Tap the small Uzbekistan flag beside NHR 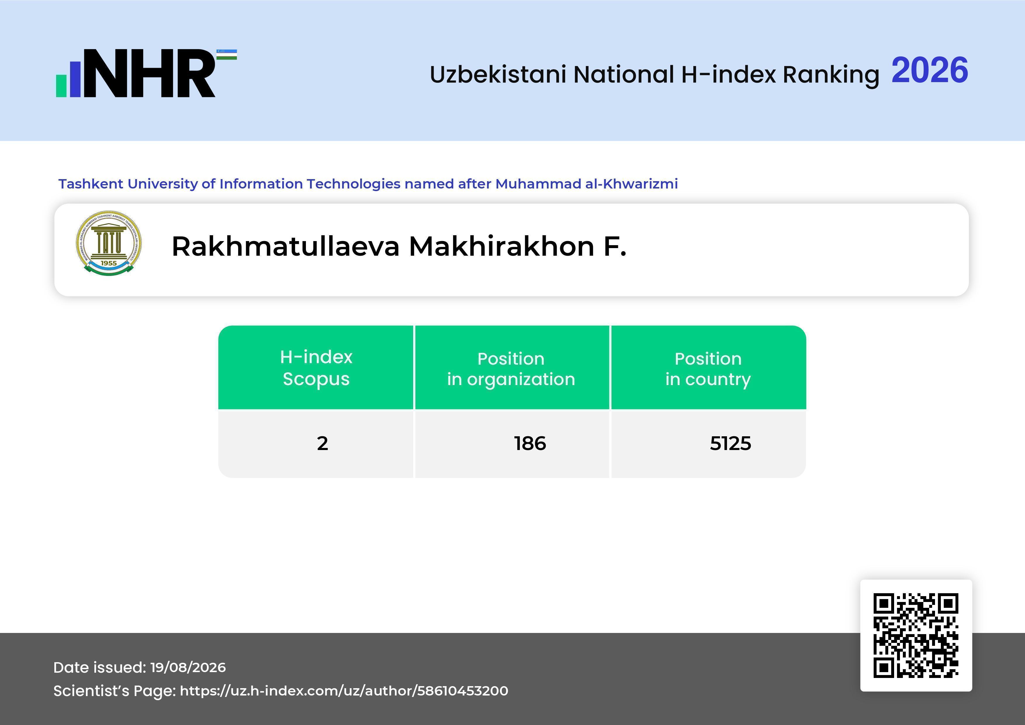point(227,54)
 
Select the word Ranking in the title point(831,75)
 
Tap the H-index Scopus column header point(316,368)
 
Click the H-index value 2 point(322,443)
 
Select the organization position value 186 point(530,443)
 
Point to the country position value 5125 point(730,443)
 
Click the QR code point(916,635)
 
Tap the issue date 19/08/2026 point(188,667)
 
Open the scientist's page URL point(344,691)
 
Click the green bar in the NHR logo point(61,86)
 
